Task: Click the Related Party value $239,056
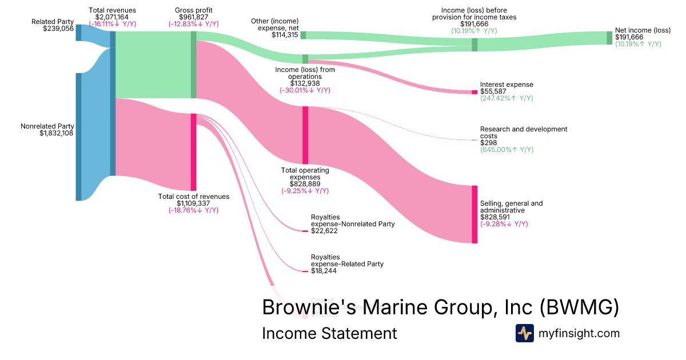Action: (58, 29)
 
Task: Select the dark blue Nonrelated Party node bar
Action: (78, 137)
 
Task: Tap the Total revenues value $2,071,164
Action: (112, 17)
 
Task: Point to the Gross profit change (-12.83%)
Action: (193, 24)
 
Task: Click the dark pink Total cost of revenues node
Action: (193, 152)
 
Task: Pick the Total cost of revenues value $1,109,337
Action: (193, 203)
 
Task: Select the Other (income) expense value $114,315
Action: (285, 35)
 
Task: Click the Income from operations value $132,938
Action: (305, 83)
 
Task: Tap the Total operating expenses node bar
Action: (305, 135)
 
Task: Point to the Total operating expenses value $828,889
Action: (305, 184)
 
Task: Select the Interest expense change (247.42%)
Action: (506, 98)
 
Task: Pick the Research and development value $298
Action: (488, 143)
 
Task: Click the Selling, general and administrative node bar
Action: (474, 214)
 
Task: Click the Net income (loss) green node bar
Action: (609, 38)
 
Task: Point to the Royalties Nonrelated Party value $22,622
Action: (324, 231)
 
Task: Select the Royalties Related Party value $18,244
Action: (324, 271)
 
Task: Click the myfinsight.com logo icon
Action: (525, 333)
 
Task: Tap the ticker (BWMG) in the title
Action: (579, 307)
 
